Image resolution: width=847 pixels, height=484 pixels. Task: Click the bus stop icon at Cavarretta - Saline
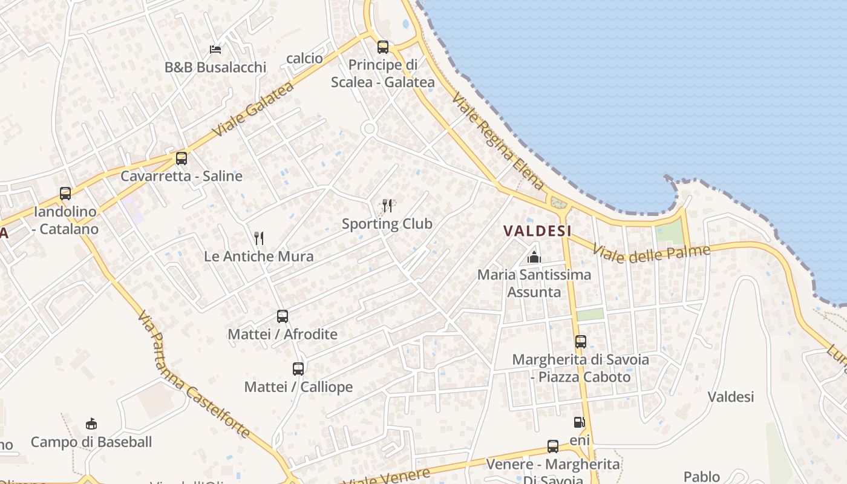coord(181,159)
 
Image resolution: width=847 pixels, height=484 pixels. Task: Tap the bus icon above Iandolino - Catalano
coord(65,194)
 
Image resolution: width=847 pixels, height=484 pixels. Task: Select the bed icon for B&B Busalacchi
coord(215,49)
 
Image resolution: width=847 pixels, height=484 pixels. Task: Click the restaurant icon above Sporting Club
coord(387,206)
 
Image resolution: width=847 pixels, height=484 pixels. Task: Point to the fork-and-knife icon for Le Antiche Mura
coord(259,238)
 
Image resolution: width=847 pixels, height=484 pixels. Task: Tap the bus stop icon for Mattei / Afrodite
coord(282,316)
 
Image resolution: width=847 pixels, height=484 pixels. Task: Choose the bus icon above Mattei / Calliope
coord(298,368)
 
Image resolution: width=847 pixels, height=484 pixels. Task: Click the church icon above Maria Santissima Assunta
coord(534,257)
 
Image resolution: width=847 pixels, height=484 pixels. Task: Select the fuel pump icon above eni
coord(579,422)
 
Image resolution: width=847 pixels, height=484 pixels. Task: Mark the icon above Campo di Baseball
coord(91,423)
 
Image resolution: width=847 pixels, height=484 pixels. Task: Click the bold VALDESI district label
coord(537,231)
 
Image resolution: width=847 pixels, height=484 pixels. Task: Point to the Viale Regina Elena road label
coord(497,142)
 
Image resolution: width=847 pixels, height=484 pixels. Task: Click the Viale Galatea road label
coord(253,110)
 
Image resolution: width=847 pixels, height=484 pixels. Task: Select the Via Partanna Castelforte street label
coord(193,374)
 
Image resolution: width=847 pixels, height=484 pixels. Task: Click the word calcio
coord(304,58)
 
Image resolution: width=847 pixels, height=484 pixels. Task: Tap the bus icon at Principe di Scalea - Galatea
coord(382,47)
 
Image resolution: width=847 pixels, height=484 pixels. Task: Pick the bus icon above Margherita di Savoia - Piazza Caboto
coord(580,342)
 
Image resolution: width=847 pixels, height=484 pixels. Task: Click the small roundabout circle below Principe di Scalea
coord(369,128)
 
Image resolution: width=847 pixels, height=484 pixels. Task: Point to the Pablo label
coord(702,477)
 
